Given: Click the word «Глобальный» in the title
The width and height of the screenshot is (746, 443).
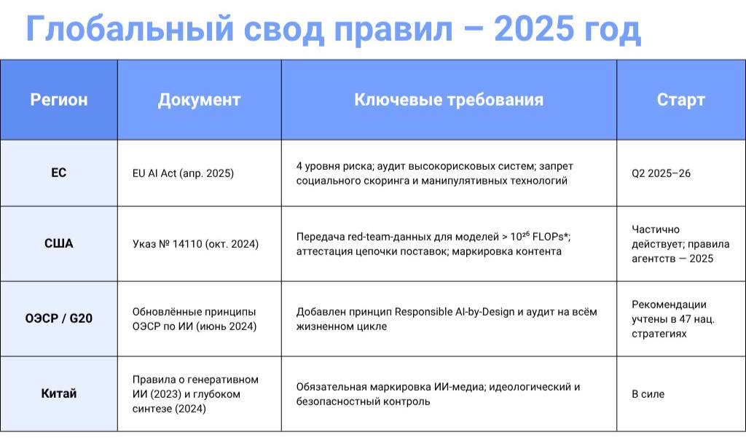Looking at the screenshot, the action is click(x=130, y=29).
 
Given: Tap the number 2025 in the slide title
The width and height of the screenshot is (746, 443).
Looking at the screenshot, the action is click(x=534, y=29).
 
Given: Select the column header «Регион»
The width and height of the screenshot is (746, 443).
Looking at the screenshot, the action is click(x=59, y=99).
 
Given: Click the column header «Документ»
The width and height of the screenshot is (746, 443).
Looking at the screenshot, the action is click(x=200, y=99).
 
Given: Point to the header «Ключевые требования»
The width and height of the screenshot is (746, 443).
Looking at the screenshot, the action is click(x=449, y=99).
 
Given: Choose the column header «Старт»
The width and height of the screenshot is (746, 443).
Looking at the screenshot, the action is click(x=681, y=99).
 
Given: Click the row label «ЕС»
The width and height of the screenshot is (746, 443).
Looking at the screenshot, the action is click(x=59, y=173).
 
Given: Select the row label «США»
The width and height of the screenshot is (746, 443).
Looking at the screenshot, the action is click(x=59, y=243).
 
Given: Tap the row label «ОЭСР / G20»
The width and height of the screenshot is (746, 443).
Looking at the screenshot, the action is click(x=59, y=318).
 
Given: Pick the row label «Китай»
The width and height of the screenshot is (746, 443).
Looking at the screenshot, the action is click(x=59, y=393).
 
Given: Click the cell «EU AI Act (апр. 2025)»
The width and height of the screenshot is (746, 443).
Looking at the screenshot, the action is click(x=183, y=173).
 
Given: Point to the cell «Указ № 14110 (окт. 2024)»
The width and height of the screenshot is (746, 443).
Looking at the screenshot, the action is click(x=195, y=244).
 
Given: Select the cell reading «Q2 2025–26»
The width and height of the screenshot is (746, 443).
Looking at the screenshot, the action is click(x=661, y=173).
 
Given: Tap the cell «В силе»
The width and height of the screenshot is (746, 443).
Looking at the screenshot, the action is click(x=648, y=394).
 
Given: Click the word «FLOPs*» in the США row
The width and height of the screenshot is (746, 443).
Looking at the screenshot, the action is click(x=551, y=237).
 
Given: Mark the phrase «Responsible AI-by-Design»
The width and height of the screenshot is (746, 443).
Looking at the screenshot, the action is click(x=455, y=312).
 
